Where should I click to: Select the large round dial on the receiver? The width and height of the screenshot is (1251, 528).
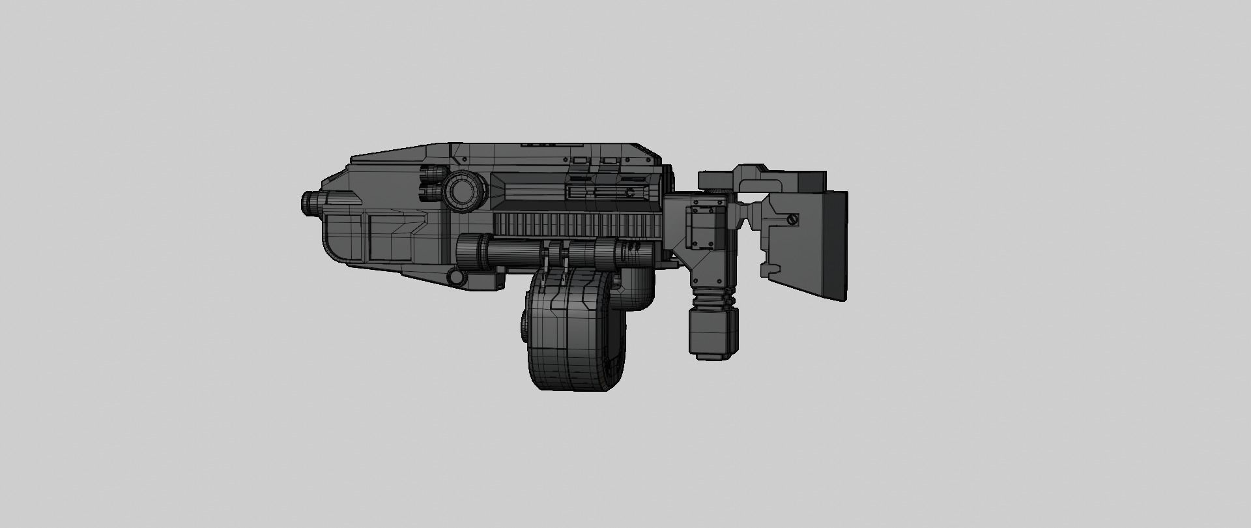click(465, 191)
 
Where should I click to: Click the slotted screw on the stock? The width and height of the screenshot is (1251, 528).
click(792, 220)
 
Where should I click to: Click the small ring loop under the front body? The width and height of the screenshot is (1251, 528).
click(457, 278)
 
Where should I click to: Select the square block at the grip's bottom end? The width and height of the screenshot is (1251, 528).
click(713, 332)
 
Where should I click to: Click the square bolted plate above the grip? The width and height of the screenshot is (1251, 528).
click(706, 228)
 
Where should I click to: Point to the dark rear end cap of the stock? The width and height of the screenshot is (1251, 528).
click(835, 245)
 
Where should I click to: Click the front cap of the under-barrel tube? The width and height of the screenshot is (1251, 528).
click(466, 252)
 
